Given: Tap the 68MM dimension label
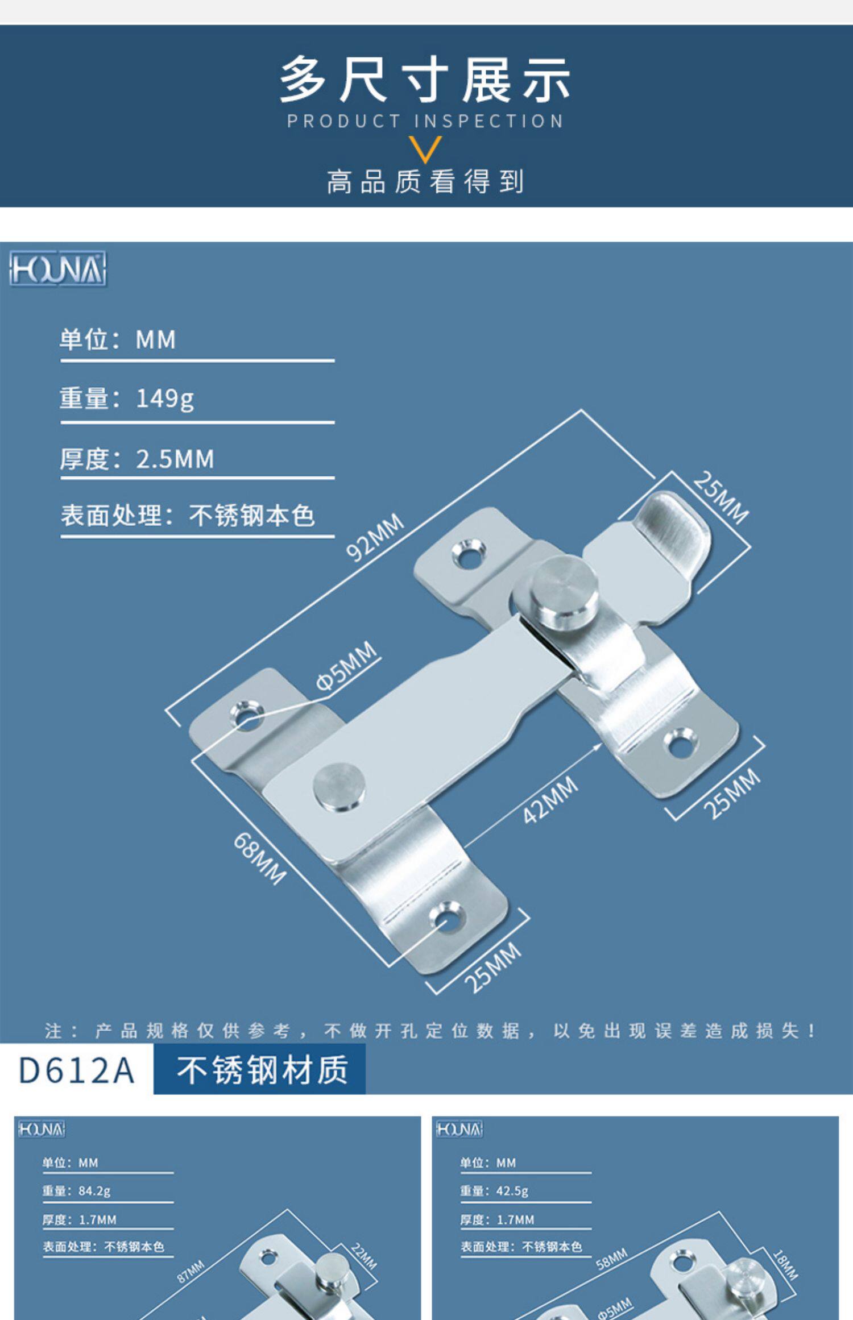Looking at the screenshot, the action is click(260, 858).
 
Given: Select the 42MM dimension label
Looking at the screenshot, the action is click(550, 799).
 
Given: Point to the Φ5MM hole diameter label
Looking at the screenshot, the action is click(346, 666).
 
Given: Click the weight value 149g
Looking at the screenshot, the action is click(165, 399).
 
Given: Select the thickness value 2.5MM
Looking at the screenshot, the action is click(175, 459).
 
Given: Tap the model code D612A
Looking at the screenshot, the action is click(76, 1070).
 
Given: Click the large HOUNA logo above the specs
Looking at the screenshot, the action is click(57, 269).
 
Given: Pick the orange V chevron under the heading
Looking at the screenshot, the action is click(425, 149).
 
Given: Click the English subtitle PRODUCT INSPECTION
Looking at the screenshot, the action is click(425, 121).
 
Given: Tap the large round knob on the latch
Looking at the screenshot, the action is click(559, 591).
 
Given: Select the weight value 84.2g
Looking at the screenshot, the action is click(94, 1190).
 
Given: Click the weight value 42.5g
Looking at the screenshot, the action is click(512, 1190).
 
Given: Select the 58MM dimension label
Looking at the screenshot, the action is click(612, 1259).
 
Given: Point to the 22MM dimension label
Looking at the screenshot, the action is click(364, 1256).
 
